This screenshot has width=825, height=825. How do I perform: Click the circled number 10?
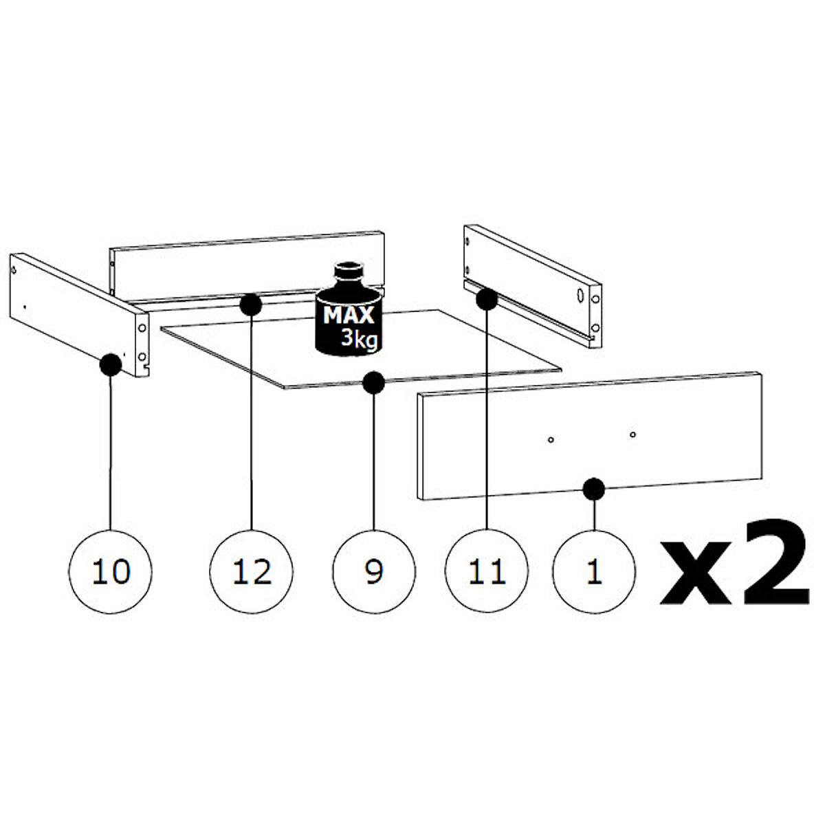coord(110,571)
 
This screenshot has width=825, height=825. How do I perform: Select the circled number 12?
coord(252,571)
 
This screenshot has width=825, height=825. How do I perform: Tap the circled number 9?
coord(374,571)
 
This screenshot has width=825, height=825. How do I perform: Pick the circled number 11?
coord(487,571)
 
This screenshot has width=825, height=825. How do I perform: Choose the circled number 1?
coord(595,571)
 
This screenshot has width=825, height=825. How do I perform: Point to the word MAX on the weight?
coord(349,316)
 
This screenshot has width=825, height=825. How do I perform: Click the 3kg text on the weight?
coord(360,340)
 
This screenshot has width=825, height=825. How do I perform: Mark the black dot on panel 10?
coord(111,365)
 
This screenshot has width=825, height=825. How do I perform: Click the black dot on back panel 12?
coord(251,305)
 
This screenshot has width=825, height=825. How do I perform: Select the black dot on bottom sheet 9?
coord(374,382)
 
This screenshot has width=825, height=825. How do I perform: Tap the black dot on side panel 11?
coord(487,299)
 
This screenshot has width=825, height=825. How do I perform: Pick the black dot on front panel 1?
coord(594,489)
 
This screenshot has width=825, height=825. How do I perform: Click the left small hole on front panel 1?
coord(551,440)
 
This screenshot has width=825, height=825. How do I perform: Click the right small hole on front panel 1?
coord(632,434)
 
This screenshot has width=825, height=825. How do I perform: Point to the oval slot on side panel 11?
coord(580,295)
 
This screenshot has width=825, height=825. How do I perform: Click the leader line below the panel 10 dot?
coord(111,453)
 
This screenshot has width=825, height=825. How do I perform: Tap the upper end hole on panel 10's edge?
coord(142,329)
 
